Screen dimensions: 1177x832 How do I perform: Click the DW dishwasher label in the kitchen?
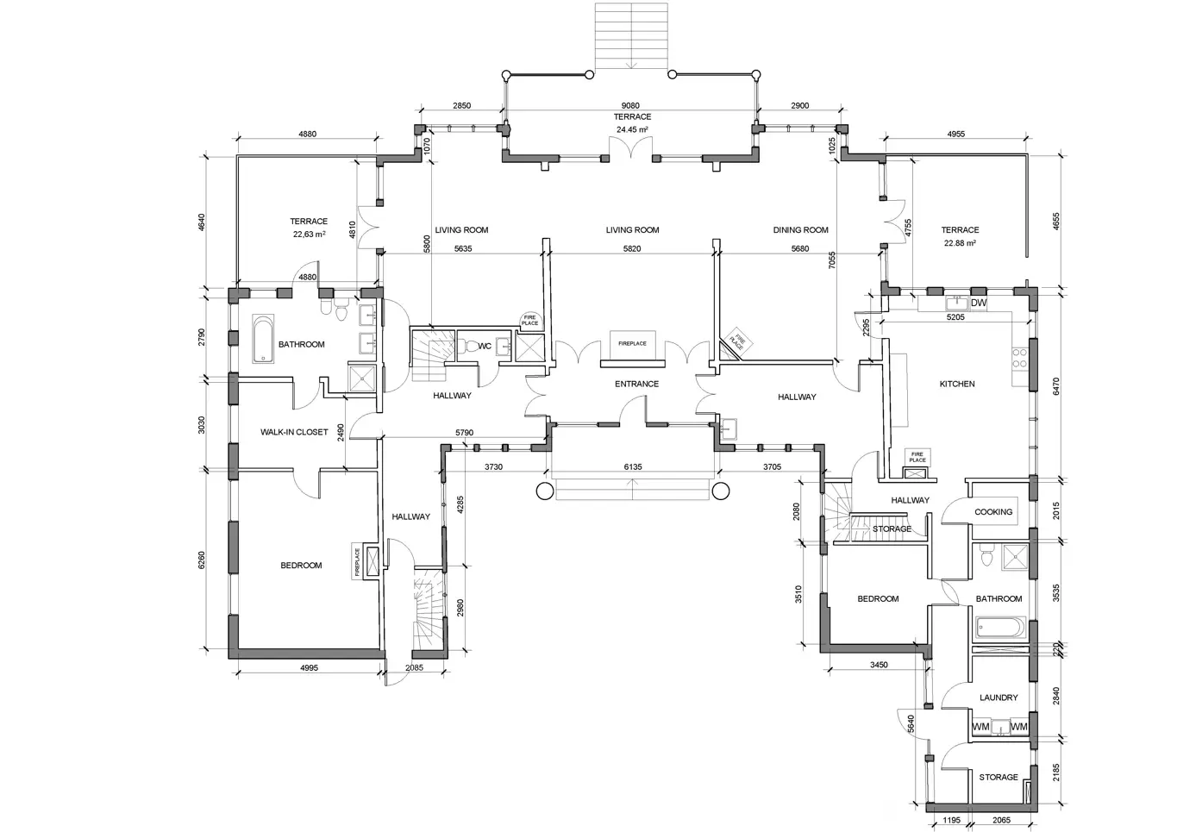[x=979, y=303]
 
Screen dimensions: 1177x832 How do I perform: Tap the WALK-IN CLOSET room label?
[x=294, y=432]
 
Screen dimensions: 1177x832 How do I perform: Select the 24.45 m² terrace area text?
[x=632, y=129]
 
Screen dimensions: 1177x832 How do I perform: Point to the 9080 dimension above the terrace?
[x=630, y=105]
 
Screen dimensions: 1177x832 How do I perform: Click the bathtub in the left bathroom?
[x=263, y=339]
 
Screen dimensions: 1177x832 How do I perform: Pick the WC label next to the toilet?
[x=485, y=346]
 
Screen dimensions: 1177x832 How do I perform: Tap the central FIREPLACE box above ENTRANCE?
[x=632, y=343]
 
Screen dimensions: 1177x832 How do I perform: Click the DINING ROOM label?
[x=801, y=229]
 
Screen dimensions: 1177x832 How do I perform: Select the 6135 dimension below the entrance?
[x=633, y=466]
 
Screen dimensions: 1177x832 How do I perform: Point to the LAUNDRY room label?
[x=999, y=698]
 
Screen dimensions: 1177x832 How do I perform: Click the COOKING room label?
[x=993, y=511]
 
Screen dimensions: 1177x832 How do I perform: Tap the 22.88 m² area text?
[x=960, y=243]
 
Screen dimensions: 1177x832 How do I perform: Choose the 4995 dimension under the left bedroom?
[x=309, y=667]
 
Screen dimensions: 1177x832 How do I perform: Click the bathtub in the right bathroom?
[x=1000, y=628]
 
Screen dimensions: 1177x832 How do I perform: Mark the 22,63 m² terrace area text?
[x=309, y=235]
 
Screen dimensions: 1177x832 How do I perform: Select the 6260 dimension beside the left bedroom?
[x=201, y=560]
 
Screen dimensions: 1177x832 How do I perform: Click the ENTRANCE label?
[x=637, y=384]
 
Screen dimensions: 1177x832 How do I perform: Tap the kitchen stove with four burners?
[x=1020, y=358]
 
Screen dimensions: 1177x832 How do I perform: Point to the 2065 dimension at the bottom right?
[x=1001, y=820]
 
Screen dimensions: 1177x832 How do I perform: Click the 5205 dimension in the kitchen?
[x=955, y=317]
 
